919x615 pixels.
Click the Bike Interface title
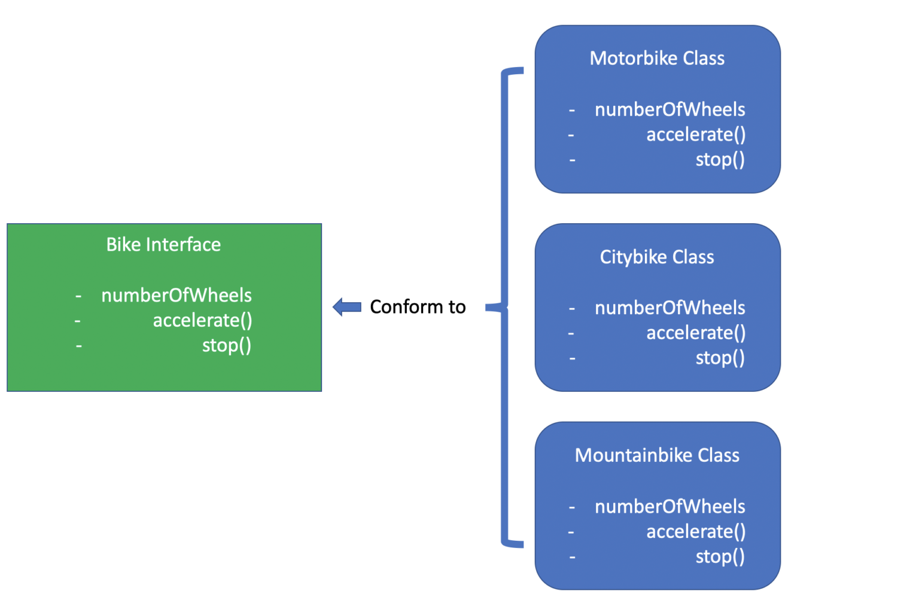(x=163, y=245)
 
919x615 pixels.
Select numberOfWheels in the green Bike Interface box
(x=177, y=296)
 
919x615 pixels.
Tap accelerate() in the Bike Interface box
(x=202, y=321)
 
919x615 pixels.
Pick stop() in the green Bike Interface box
(x=226, y=346)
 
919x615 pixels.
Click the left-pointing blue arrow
(x=347, y=307)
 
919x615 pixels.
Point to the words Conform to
(x=418, y=307)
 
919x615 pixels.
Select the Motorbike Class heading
(x=657, y=59)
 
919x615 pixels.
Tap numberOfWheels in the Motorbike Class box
(x=670, y=109)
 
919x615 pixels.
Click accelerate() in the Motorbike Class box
(x=696, y=135)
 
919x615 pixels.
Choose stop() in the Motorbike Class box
(x=720, y=160)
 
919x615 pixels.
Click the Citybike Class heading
(x=657, y=257)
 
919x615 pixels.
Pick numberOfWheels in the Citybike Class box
(x=670, y=308)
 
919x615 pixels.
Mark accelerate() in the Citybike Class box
(x=696, y=333)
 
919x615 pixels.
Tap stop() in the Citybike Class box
(x=720, y=358)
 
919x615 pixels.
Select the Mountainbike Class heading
(x=657, y=456)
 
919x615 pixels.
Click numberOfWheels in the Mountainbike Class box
(x=670, y=507)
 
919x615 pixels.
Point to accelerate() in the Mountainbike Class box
(x=696, y=532)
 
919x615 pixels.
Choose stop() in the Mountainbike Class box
(x=720, y=557)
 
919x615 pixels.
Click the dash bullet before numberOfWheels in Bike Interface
(x=78, y=296)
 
